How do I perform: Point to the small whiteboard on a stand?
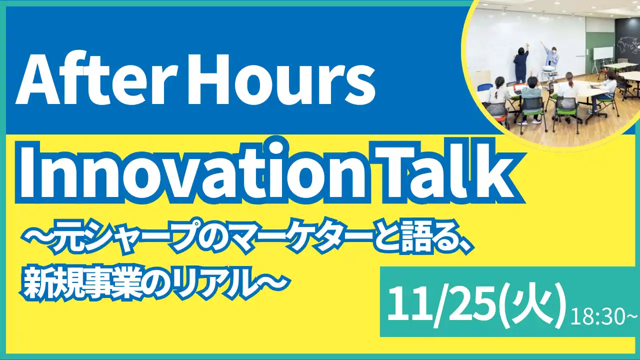(603, 54)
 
